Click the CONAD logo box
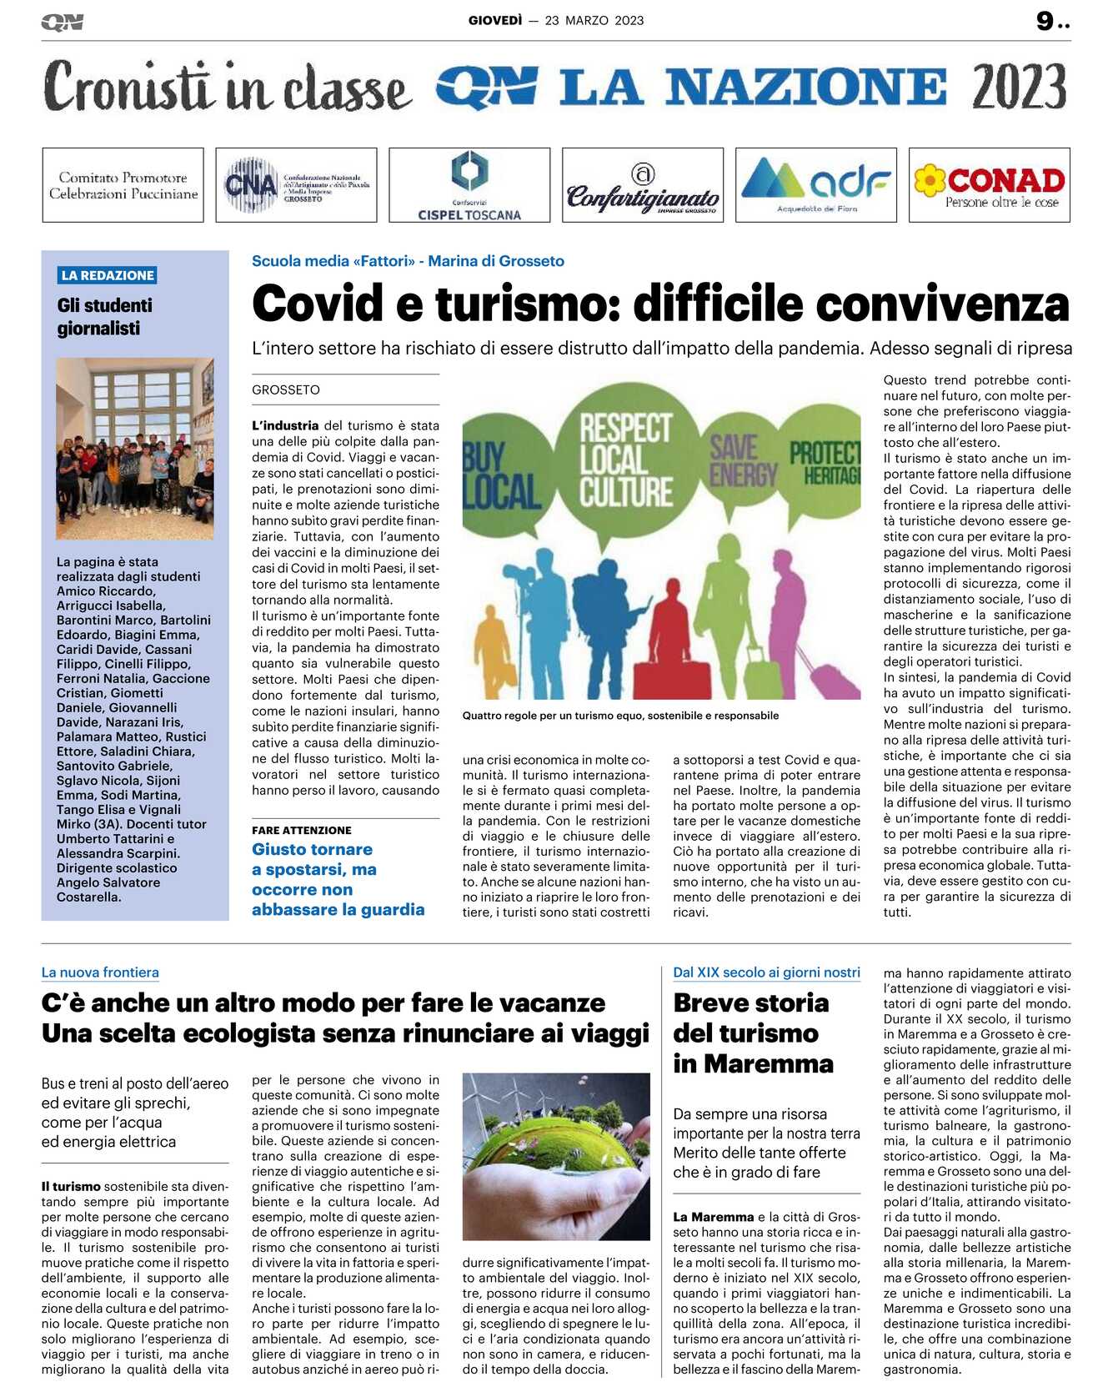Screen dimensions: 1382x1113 pos(989,185)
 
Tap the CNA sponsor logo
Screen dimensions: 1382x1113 pos(296,185)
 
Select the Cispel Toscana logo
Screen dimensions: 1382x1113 pos(469,185)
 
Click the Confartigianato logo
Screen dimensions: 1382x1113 pos(643,185)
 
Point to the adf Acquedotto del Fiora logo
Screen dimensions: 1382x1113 pos(815,185)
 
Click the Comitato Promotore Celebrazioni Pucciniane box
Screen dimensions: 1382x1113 pos(123,185)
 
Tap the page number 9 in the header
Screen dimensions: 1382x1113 pos(1045,21)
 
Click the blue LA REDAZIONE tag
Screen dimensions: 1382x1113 pos(108,275)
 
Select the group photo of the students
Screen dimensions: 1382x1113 pos(135,448)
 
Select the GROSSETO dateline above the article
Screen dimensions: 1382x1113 pos(286,389)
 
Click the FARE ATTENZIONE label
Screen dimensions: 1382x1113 pos(302,830)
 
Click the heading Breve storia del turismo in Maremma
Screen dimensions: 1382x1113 pos(753,1033)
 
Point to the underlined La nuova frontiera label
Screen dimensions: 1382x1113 pos(100,972)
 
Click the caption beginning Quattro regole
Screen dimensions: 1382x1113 pos(620,716)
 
